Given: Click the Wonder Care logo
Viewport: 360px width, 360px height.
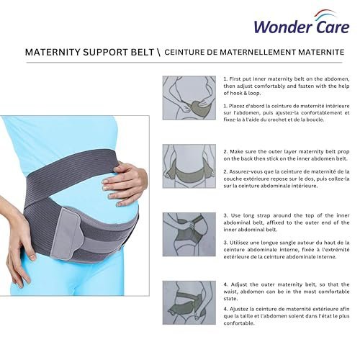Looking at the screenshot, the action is click(x=302, y=22).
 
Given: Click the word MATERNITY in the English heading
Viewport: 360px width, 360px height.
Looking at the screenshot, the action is click(x=53, y=52).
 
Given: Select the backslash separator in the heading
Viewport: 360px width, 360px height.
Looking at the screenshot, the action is click(x=158, y=53).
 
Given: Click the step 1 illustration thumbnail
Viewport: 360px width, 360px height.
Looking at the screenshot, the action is click(x=189, y=98).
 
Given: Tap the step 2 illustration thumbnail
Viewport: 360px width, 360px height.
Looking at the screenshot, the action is click(x=189, y=166).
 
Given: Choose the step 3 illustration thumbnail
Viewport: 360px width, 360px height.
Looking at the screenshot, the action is click(x=189, y=234).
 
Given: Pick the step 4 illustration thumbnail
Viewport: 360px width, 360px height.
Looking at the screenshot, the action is click(x=189, y=302).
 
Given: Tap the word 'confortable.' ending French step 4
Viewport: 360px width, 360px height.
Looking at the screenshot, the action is click(x=239, y=323).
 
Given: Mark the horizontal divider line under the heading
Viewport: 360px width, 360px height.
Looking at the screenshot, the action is click(x=184, y=63).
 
